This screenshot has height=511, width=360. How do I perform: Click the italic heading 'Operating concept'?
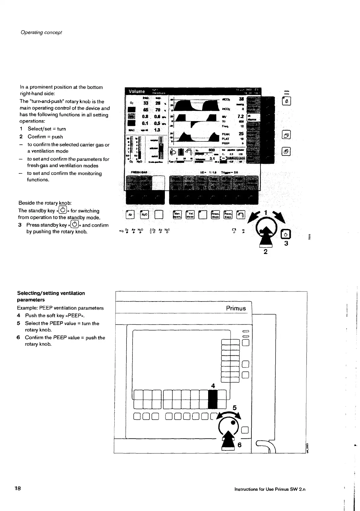41,32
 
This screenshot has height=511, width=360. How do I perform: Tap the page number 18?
17,488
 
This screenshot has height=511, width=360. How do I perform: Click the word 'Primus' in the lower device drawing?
236,308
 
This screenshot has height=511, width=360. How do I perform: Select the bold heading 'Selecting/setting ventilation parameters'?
51,296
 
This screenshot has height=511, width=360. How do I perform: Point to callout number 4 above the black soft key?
213,386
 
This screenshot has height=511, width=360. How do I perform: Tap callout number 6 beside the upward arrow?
240,445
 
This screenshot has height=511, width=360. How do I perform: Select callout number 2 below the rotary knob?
265,251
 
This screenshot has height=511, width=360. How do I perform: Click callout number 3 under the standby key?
286,243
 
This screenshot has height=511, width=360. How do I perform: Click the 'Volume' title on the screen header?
137,91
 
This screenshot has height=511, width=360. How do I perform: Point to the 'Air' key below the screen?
130,214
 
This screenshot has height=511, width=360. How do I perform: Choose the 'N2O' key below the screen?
144,214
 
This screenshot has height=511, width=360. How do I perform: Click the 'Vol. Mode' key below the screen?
190,214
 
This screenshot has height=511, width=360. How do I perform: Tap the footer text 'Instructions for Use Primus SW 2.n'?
270,489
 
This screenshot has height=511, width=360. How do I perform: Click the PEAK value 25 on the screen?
241,134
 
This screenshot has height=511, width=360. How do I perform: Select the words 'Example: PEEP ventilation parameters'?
60,308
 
